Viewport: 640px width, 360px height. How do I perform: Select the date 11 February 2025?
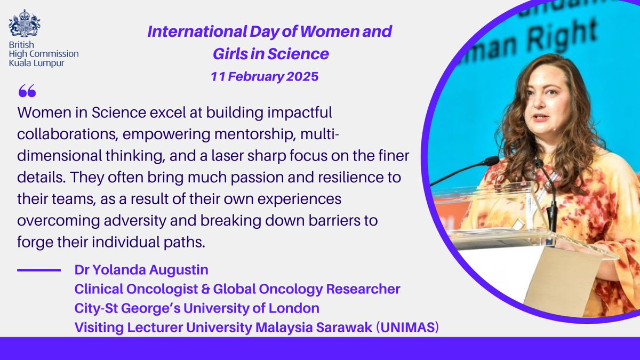coord(264,76)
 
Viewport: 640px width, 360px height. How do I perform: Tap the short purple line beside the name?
coord(38,270)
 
